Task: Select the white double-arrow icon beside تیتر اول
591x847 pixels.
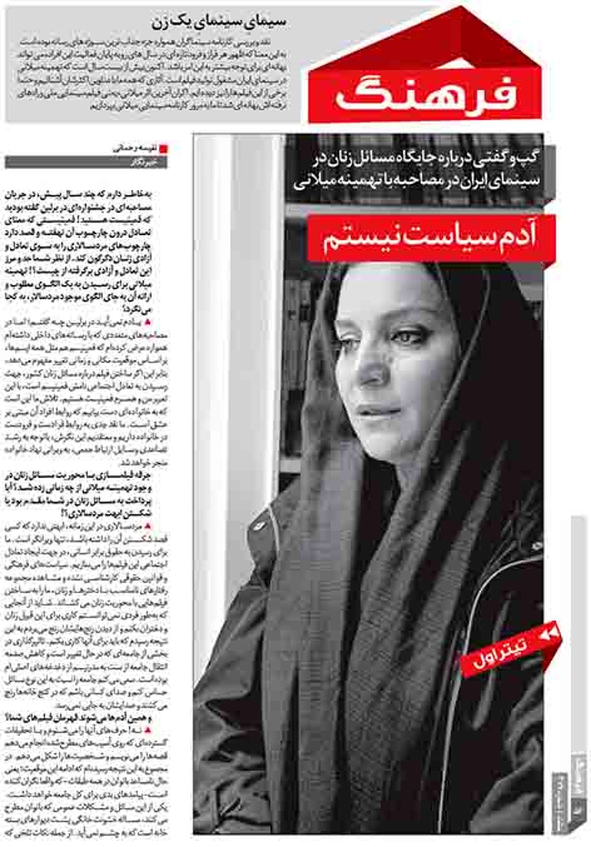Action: (550, 635)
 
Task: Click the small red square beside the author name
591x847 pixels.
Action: (164, 148)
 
